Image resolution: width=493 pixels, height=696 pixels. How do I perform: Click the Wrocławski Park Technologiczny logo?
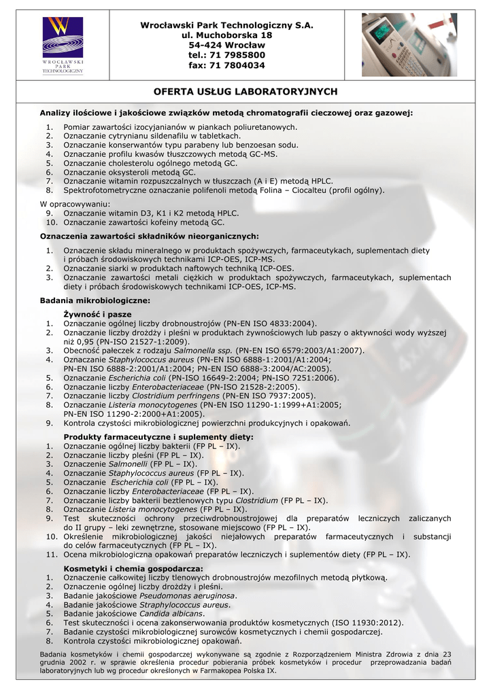tap(63, 45)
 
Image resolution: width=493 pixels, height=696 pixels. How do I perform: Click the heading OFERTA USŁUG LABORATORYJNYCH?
tap(245, 91)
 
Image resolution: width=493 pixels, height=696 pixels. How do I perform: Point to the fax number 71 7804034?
tap(238, 65)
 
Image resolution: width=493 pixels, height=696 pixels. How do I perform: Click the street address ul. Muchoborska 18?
tap(226, 35)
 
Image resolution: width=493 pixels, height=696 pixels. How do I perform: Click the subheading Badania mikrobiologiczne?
tap(95, 300)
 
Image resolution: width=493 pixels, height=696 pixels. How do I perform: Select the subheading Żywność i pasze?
tap(97, 315)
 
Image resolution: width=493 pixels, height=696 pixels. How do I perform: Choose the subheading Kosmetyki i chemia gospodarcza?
tap(133, 568)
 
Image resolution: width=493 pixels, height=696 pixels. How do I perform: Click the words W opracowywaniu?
tap(75, 204)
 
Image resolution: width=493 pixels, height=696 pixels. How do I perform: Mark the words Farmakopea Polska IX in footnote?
tap(231, 670)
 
